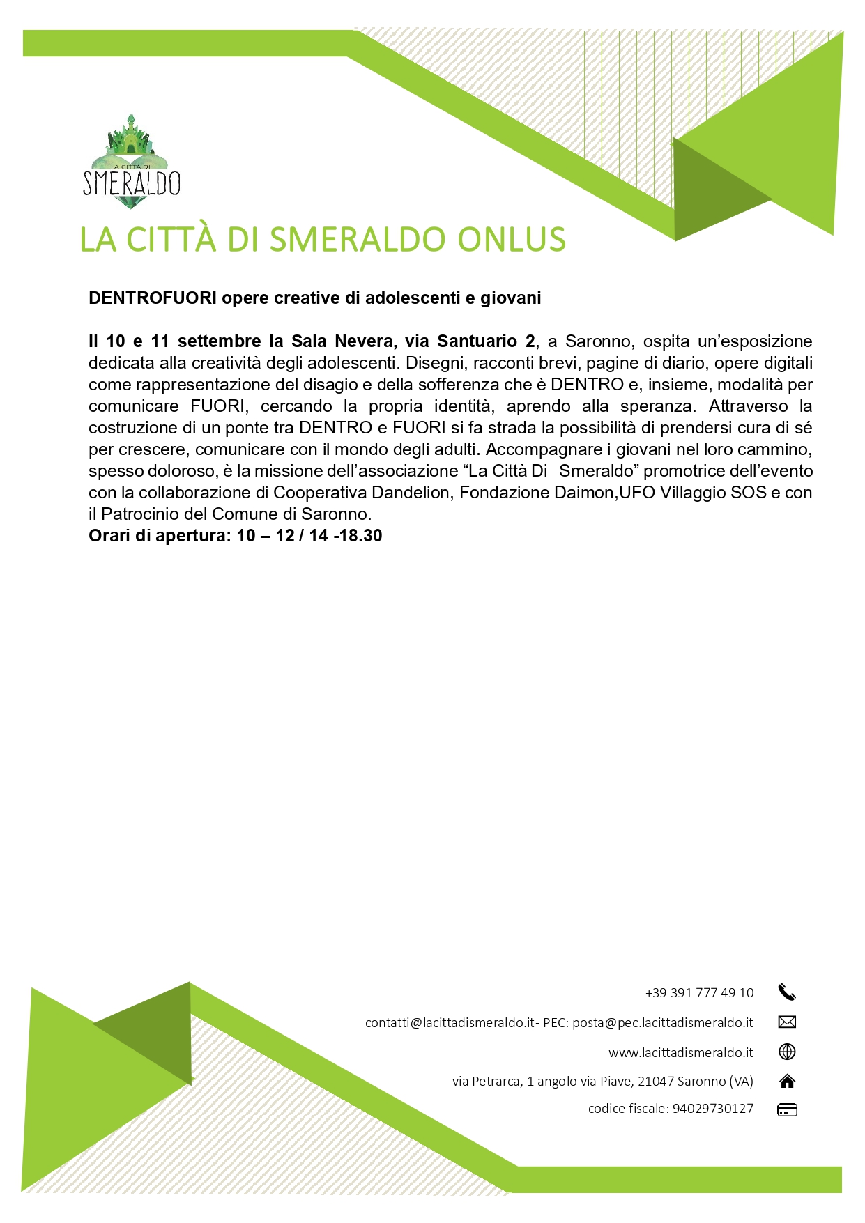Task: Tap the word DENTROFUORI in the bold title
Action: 153,298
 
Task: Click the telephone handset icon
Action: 787,992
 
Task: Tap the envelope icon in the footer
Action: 787,1022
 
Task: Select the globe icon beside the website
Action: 787,1052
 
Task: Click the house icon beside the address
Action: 787,1082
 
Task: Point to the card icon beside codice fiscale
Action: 787,1109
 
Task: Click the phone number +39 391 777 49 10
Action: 699,993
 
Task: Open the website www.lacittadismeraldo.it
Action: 680,1052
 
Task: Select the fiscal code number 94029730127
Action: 713,1109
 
